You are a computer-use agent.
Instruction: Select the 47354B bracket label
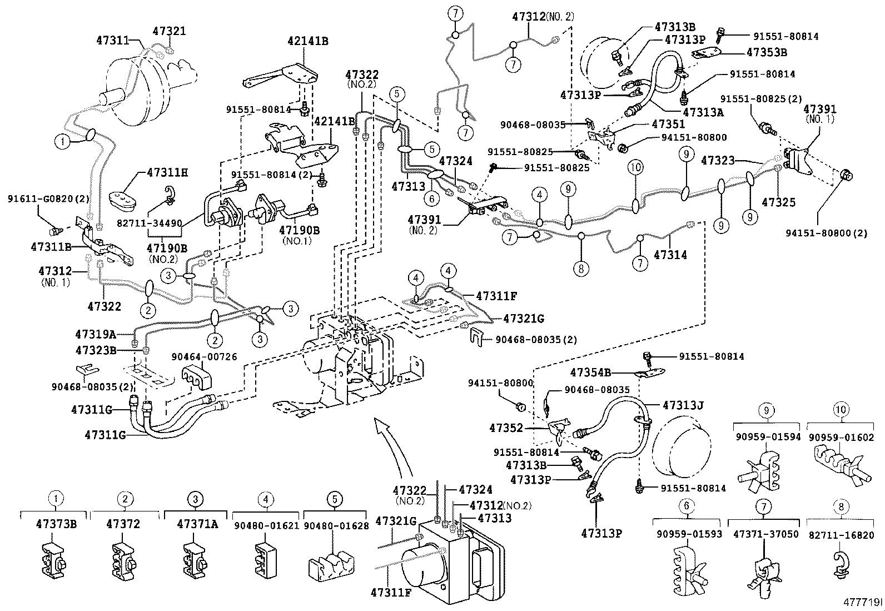(x=590, y=372)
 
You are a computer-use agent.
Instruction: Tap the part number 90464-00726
(x=204, y=357)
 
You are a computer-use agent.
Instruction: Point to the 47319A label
(x=95, y=334)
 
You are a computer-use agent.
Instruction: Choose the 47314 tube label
(x=670, y=255)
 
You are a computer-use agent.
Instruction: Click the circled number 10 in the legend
(x=840, y=410)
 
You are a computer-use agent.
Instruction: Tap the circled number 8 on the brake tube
(x=580, y=269)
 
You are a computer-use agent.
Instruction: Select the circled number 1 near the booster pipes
(x=63, y=141)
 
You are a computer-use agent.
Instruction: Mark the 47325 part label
(x=778, y=202)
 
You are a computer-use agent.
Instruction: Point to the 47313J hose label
(x=683, y=405)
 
